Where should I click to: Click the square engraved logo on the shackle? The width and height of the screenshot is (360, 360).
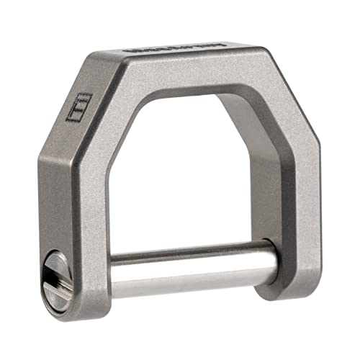point(78,109)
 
